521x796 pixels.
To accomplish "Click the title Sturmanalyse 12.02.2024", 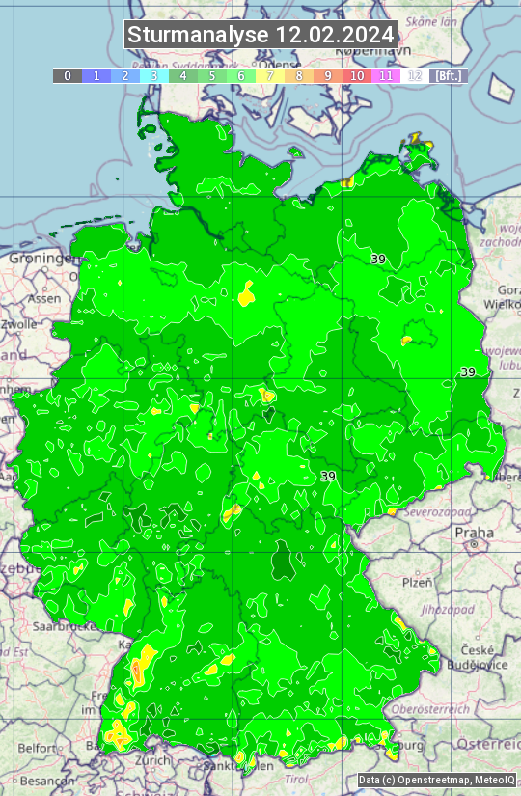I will pyautogui.click(x=260, y=35).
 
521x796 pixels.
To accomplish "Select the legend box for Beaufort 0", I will pyautogui.click(x=67, y=75).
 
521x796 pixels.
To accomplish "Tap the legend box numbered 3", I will pyautogui.click(x=153, y=75).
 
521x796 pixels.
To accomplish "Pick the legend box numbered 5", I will pyautogui.click(x=211, y=75).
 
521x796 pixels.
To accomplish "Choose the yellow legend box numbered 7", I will pyautogui.click(x=270, y=75).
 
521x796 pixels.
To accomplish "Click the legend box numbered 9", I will pyautogui.click(x=328, y=75).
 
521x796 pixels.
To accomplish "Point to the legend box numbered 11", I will pyautogui.click(x=386, y=75).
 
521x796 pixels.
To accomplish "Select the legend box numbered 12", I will pyautogui.click(x=415, y=75).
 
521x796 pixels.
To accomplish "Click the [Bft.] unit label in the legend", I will pyautogui.click(x=449, y=75).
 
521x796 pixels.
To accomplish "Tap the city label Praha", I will pyautogui.click(x=474, y=533).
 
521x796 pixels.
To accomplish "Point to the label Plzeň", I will pyautogui.click(x=417, y=582).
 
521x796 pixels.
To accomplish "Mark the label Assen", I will pyautogui.click(x=43, y=299).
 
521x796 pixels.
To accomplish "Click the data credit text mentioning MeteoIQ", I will pyautogui.click(x=436, y=780).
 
